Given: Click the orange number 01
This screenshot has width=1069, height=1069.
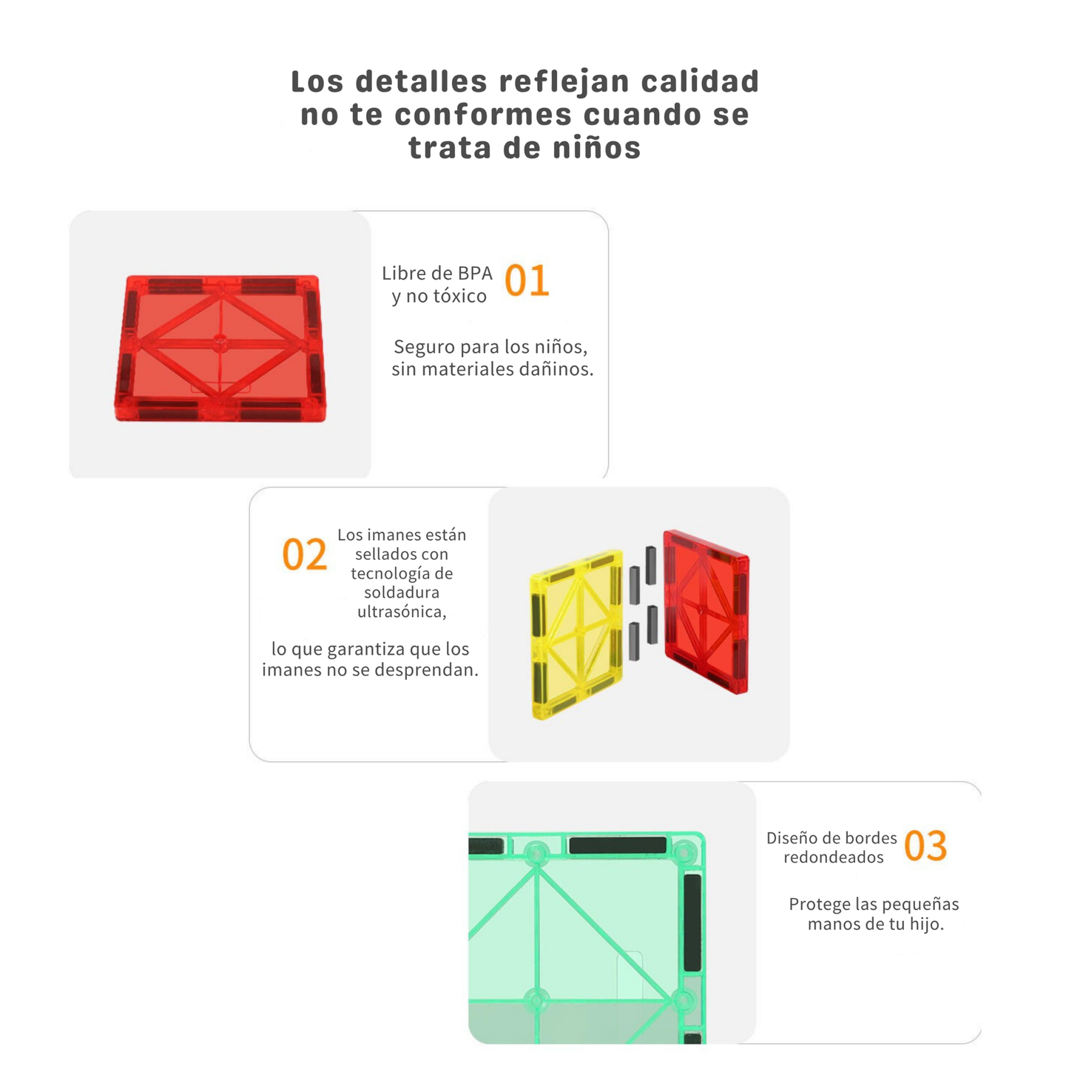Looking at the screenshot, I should point(527,282).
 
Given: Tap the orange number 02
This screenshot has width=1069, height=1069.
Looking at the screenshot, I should point(304,555).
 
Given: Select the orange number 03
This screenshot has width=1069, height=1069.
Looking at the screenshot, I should point(925,846).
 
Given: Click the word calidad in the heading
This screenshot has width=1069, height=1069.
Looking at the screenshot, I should point(700,81).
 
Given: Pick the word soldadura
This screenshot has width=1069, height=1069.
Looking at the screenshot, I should point(402,593).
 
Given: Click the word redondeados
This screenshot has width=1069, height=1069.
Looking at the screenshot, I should point(834,857).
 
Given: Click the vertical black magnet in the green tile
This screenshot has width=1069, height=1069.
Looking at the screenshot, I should point(692,921).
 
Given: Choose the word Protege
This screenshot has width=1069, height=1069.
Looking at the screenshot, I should point(819,904).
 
